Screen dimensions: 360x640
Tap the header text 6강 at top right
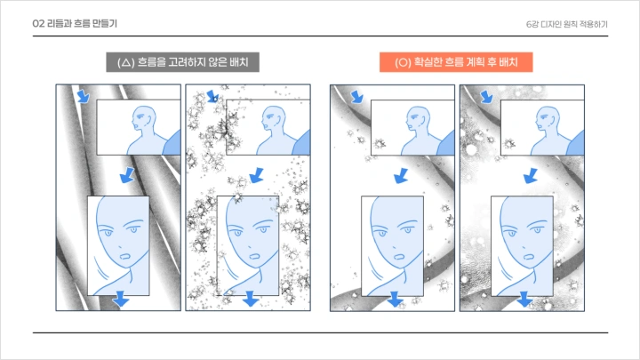pos(532,24)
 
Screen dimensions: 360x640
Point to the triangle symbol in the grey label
pos(125,63)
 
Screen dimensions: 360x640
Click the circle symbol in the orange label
pos(403,63)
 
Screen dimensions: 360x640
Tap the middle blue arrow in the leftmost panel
pos(126,174)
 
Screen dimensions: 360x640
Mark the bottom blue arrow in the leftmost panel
pos(121,301)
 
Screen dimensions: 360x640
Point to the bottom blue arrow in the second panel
pos(252,301)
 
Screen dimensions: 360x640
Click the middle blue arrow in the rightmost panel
pos(531,174)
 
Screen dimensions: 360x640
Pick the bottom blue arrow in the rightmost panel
pos(525,301)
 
